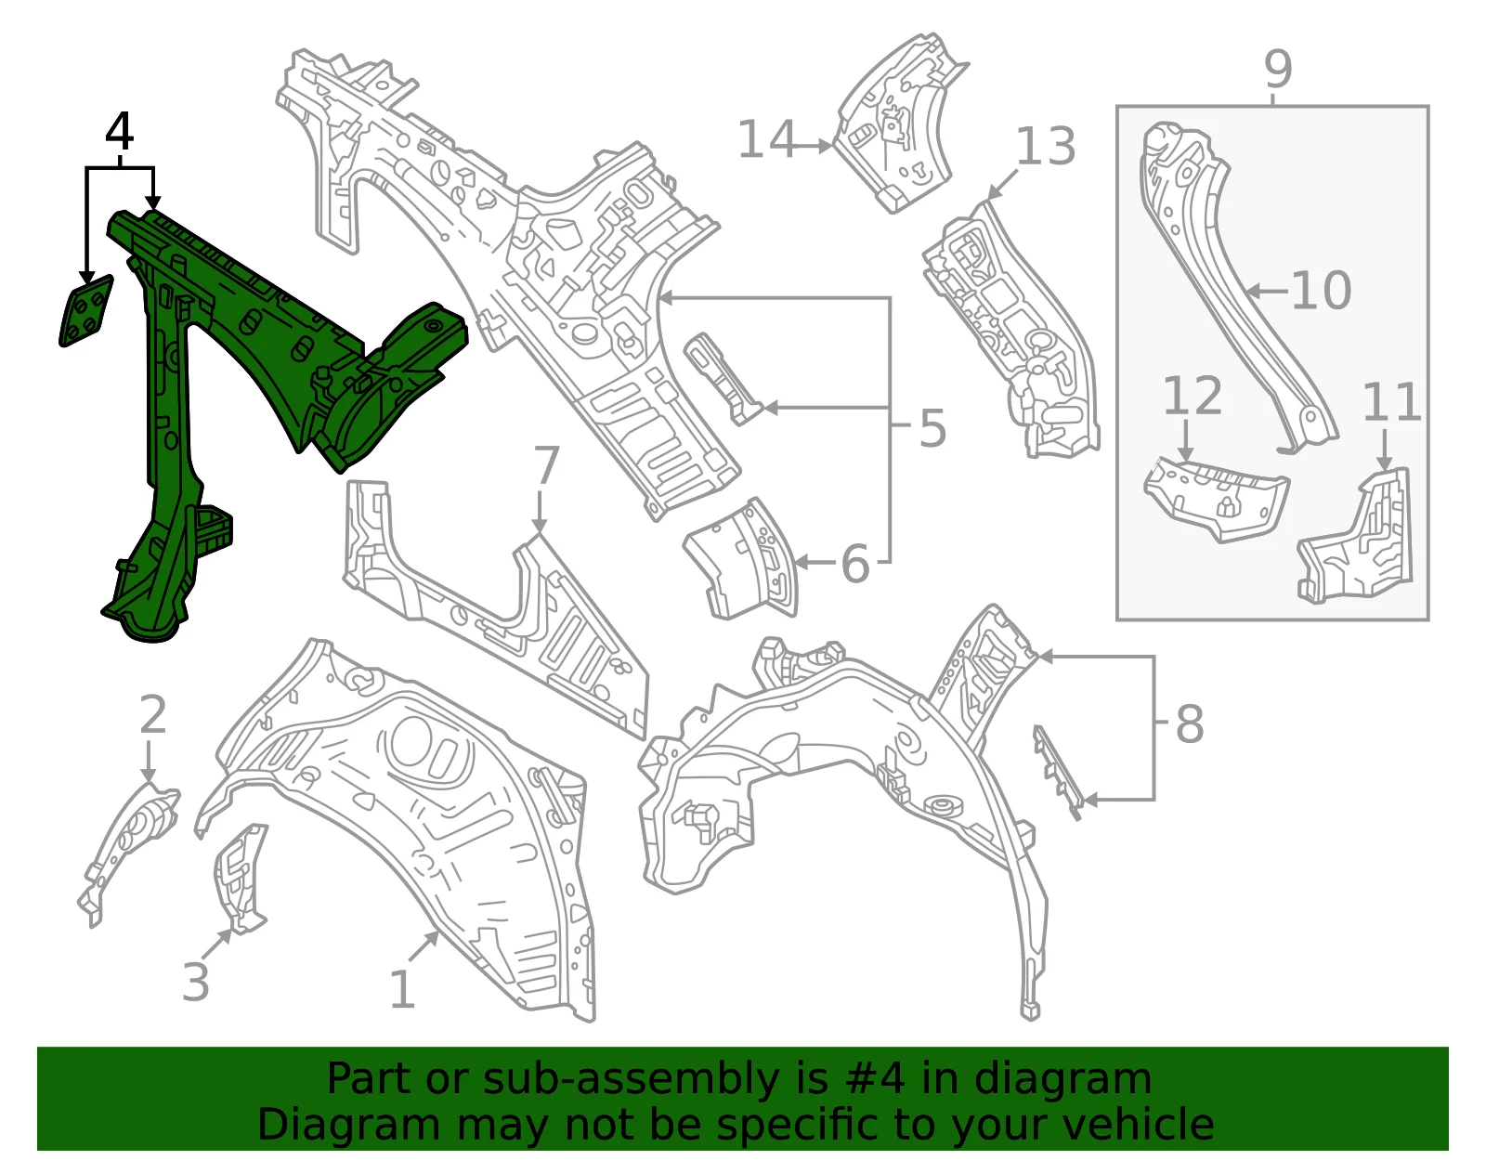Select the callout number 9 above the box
click(1277, 69)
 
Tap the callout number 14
click(766, 139)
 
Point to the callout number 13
click(1046, 146)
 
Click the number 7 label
click(546, 464)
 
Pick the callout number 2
click(152, 715)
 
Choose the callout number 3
click(196, 983)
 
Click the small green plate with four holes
click(86, 311)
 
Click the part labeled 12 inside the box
click(1216, 497)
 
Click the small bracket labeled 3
click(240, 879)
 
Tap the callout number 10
click(1322, 291)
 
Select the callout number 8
click(1190, 723)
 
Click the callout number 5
click(932, 428)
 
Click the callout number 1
click(403, 990)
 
